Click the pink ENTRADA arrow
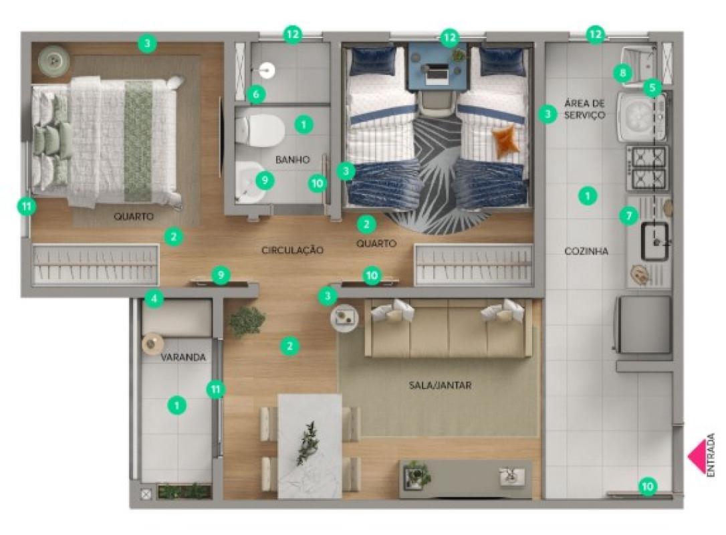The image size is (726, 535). (x=697, y=456)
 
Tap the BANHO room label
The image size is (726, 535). (x=293, y=160)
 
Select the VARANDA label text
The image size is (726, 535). (x=183, y=357)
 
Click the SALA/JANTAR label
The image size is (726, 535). (x=440, y=385)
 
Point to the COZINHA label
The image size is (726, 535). (x=586, y=251)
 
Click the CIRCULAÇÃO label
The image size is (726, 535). (x=293, y=250)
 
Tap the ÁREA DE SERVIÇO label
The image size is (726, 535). (x=585, y=109)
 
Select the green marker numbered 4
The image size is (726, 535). (x=154, y=299)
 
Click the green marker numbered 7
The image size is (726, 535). (x=629, y=215)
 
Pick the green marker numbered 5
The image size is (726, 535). (x=652, y=87)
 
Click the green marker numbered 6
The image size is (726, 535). (x=255, y=95)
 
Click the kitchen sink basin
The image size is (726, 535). (x=654, y=241)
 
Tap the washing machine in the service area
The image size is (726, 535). (x=642, y=116)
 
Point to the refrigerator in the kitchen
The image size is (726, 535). (x=642, y=324)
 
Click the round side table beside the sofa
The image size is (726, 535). (x=344, y=318)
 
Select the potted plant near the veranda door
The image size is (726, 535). (x=247, y=321)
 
